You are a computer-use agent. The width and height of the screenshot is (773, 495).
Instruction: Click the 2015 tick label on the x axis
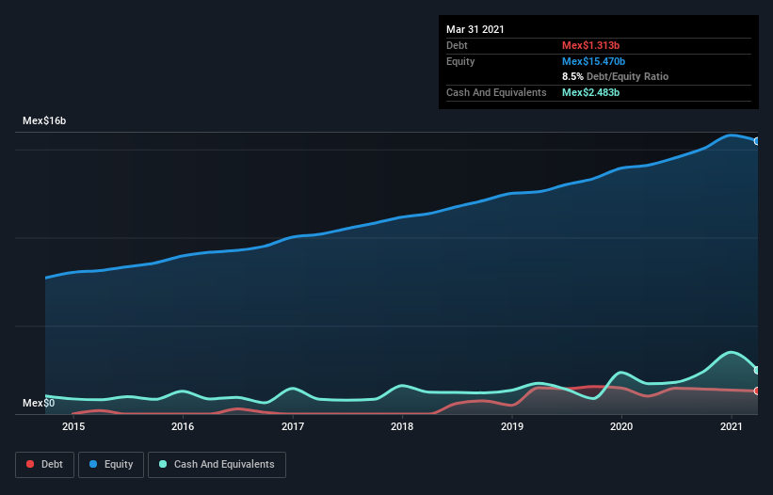click(x=73, y=427)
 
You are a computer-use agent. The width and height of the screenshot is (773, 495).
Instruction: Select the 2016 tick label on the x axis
click(x=183, y=427)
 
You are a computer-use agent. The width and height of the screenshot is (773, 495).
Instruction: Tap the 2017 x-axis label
click(x=293, y=427)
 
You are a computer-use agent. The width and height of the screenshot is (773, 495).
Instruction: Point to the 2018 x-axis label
click(x=402, y=427)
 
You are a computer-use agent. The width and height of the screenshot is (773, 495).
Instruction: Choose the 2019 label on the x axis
click(x=512, y=427)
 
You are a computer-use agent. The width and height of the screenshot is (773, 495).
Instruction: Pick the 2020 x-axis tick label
click(x=621, y=427)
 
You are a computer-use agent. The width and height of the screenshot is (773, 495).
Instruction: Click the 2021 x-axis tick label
click(x=732, y=427)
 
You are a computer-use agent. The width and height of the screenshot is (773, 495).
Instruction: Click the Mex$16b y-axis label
click(x=44, y=121)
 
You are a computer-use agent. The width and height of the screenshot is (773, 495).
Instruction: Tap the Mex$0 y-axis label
click(x=39, y=404)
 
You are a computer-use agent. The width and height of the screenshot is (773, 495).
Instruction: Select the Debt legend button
click(x=44, y=464)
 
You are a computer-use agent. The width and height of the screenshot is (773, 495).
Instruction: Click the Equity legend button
click(x=110, y=464)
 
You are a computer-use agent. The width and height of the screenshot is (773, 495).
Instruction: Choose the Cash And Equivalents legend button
click(x=217, y=464)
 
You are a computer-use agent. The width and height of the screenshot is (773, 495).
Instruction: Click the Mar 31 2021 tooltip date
click(x=475, y=29)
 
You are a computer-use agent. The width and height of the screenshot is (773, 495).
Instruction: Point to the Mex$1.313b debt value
click(x=590, y=45)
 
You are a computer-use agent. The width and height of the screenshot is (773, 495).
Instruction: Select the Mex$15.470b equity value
click(x=593, y=61)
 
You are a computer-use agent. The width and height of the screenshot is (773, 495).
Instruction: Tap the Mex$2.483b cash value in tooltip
click(x=590, y=92)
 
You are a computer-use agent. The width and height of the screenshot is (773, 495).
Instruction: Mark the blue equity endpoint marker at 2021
click(x=757, y=141)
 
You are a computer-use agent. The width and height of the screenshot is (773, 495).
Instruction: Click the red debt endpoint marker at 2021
click(x=757, y=391)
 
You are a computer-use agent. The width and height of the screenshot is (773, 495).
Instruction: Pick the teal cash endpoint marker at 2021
click(x=757, y=370)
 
